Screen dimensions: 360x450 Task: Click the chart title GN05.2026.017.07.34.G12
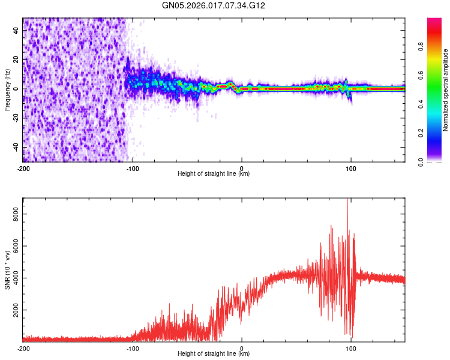[214, 6]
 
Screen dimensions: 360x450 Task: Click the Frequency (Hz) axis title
[7, 90]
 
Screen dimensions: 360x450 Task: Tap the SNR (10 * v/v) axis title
[7, 271]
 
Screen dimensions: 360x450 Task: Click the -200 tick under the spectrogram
[23, 168]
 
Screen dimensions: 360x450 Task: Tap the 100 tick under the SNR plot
[350, 348]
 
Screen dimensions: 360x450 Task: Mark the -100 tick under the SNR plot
[133, 348]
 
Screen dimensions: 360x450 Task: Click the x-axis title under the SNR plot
[214, 355]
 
